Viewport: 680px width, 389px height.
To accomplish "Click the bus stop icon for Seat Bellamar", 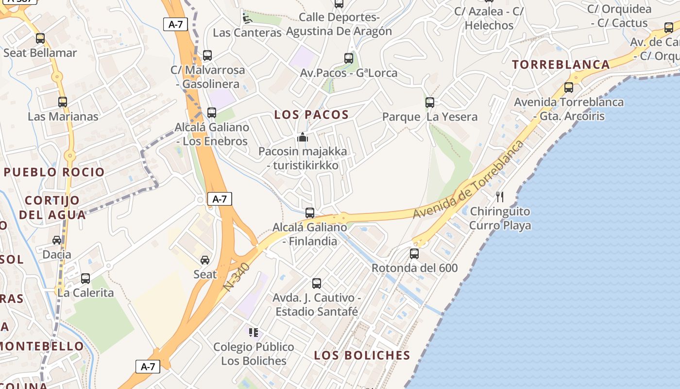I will click(x=40, y=38).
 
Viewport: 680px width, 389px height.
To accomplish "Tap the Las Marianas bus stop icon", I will click(x=63, y=102).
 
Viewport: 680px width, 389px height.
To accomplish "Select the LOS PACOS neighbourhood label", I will click(x=311, y=115).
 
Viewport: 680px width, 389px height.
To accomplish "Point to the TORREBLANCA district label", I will click(x=561, y=65).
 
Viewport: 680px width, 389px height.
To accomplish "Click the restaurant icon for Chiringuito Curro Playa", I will click(x=500, y=196).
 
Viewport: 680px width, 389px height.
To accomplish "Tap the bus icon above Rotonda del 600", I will click(x=414, y=254).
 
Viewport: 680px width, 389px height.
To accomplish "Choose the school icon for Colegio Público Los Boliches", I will click(x=253, y=333).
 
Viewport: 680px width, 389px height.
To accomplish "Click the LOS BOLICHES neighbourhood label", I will click(x=362, y=355).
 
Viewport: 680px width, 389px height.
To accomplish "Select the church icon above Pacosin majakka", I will click(x=303, y=137).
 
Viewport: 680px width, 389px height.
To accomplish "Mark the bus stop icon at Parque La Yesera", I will click(x=430, y=103).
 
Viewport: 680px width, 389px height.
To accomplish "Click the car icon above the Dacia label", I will click(x=57, y=240).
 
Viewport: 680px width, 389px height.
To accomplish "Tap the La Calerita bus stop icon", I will click(x=85, y=279).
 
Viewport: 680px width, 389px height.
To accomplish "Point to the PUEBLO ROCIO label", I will click(x=54, y=172).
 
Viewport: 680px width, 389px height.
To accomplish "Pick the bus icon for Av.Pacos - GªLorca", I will click(x=349, y=58).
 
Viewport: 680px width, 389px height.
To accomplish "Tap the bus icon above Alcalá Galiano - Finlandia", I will click(x=310, y=213).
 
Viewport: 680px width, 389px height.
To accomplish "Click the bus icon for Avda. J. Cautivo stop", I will click(x=317, y=283).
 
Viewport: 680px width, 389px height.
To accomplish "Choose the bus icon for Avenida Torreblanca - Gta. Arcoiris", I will click(x=569, y=88).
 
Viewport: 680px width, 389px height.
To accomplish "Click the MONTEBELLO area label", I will click(x=42, y=347).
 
